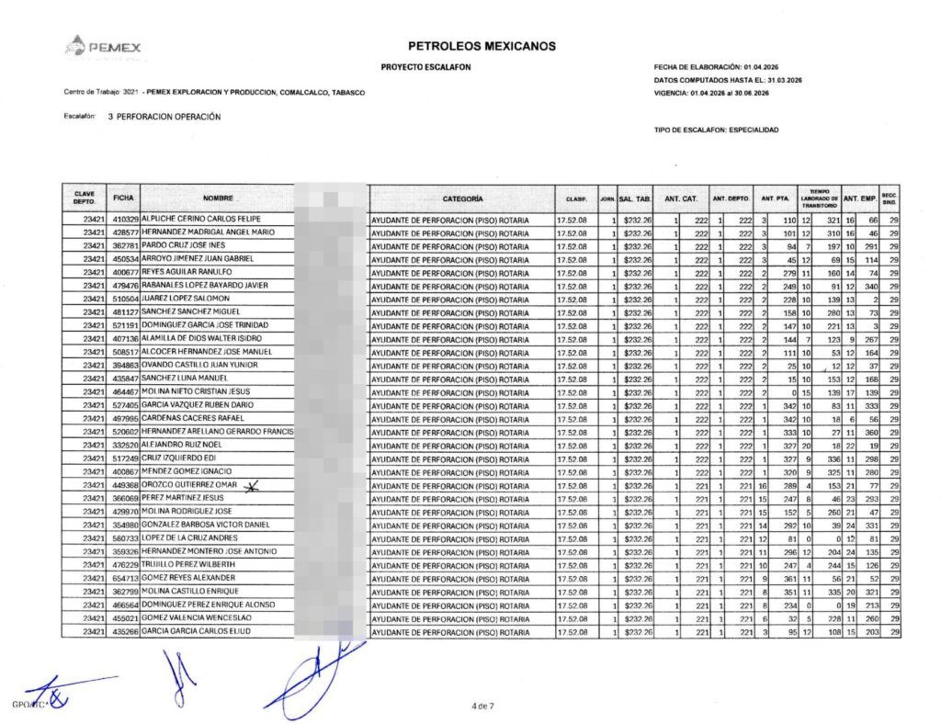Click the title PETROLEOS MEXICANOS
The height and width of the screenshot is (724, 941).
(x=481, y=46)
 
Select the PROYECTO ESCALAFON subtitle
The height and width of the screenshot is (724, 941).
(x=420, y=68)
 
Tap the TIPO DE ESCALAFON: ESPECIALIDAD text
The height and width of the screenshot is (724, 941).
(x=716, y=130)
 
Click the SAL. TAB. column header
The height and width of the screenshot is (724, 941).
(x=635, y=198)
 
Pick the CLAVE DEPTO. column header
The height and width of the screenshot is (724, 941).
(x=84, y=198)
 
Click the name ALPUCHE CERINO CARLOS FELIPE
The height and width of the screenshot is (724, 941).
(x=200, y=220)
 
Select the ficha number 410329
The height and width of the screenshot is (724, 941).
(x=125, y=220)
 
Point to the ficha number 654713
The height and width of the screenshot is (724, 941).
(x=125, y=578)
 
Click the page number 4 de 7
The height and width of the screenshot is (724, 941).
(x=482, y=706)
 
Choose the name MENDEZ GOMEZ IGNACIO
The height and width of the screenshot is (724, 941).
(x=188, y=471)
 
